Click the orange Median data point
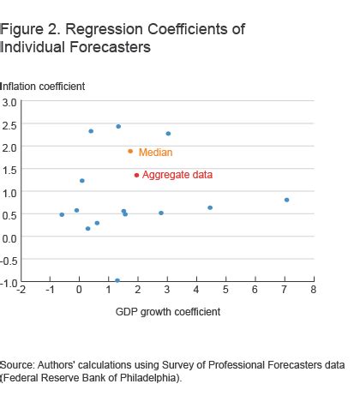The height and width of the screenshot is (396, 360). click(130, 152)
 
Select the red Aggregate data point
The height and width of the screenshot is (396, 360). click(136, 175)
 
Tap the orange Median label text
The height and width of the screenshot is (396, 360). click(155, 153)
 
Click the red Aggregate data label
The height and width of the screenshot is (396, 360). click(177, 175)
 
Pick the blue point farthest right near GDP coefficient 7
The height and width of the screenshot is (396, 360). click(286, 200)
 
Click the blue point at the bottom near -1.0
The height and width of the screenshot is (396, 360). click(117, 280)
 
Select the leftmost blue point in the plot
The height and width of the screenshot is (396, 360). click(62, 214)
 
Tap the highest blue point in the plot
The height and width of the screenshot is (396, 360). click(118, 127)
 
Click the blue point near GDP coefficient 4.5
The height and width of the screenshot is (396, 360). click(210, 207)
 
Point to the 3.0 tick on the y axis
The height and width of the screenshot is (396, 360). click(9, 102)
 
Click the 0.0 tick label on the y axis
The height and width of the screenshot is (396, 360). click(9, 238)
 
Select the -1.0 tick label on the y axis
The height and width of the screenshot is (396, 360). click(9, 284)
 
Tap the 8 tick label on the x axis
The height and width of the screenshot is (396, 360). click(314, 291)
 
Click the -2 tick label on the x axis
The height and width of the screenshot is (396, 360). click(20, 291)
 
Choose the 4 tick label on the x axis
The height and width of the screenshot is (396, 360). click(196, 291)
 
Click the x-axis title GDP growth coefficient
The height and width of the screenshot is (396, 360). click(168, 311)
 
